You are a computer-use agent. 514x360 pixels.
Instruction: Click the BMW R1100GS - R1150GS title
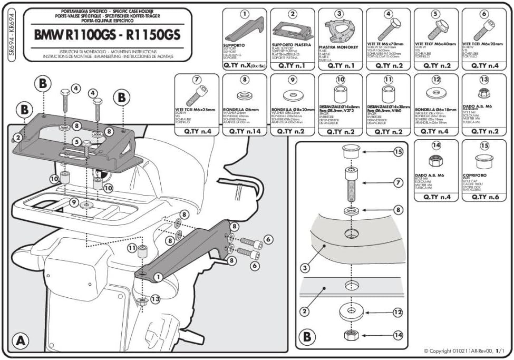(106, 34)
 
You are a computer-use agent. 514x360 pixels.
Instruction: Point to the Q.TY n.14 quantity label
(244, 132)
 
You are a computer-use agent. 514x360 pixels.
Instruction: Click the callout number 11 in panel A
(130, 248)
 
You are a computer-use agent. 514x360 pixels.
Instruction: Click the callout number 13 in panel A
(154, 299)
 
